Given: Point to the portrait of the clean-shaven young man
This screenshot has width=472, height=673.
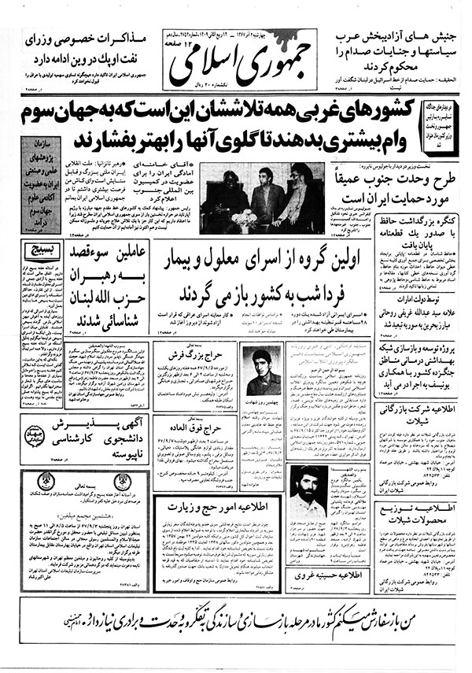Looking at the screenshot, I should click(261, 372).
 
